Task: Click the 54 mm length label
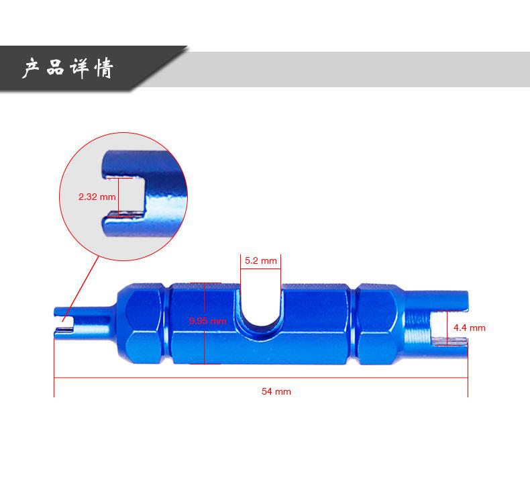(x=276, y=391)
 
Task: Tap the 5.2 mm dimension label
(x=260, y=260)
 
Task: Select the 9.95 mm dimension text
(x=207, y=321)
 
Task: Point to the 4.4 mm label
(x=470, y=328)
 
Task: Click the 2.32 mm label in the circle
(x=97, y=197)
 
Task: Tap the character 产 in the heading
(x=32, y=68)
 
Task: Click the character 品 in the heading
(x=55, y=67)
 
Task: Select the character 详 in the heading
(x=79, y=68)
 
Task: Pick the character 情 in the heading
(x=104, y=68)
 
